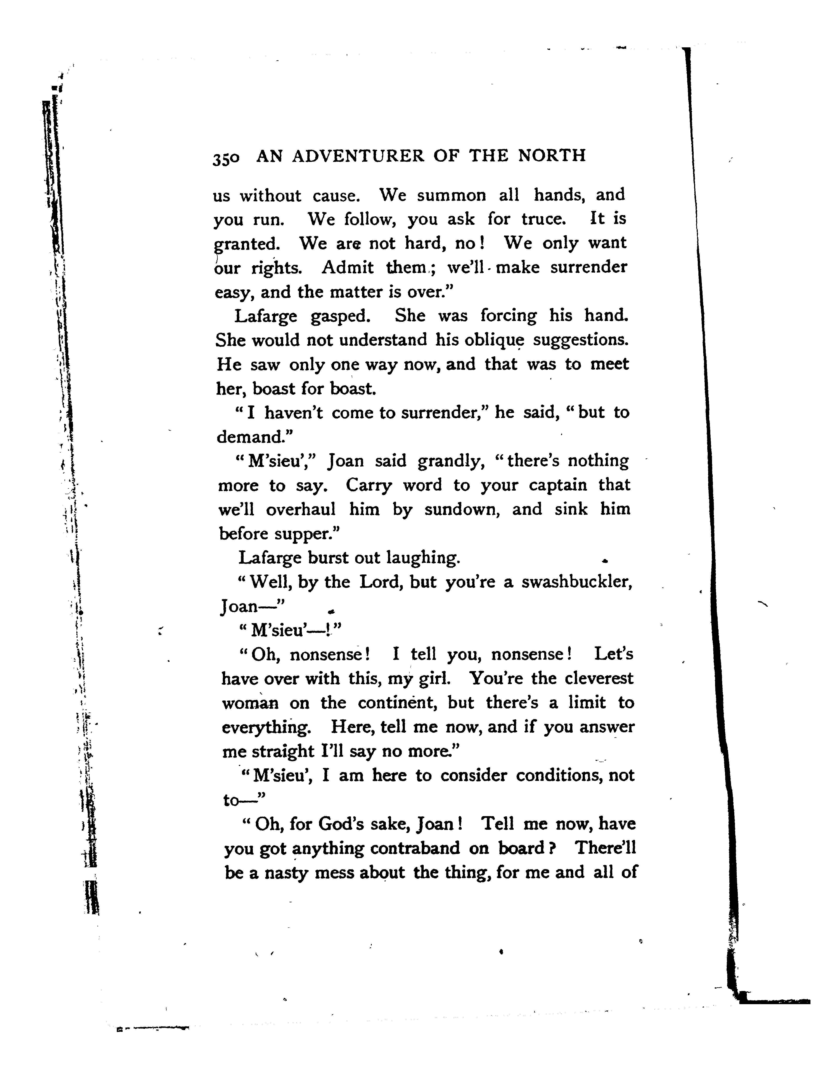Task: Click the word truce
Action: (543, 219)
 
